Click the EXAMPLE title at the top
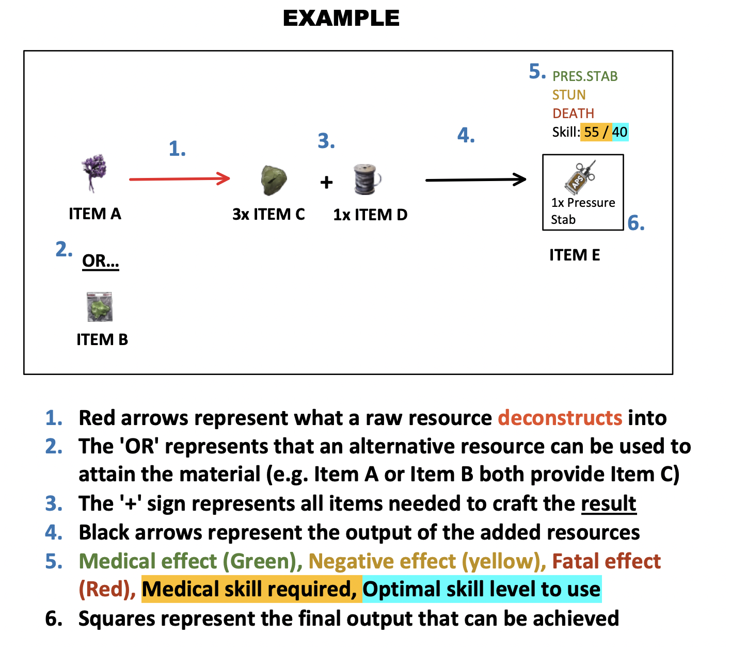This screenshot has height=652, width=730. pos(341,19)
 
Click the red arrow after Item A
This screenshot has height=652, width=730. pos(179,179)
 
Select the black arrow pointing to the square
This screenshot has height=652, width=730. pos(475,180)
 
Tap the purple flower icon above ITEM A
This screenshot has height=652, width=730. pos(94,172)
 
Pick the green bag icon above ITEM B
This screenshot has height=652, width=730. pos(100,306)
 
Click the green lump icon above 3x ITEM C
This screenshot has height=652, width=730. pos(274,181)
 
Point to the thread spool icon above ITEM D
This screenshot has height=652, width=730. pos(367,180)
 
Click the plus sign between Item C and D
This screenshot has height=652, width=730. pos(326,182)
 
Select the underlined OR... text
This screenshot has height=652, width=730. pos(101,261)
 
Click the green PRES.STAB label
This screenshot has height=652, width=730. pos(585,76)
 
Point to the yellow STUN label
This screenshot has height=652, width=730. pos(569,95)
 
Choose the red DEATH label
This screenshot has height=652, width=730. pos(573,113)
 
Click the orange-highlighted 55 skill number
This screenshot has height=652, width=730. pos(592,132)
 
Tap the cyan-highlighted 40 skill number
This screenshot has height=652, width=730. pos(620,132)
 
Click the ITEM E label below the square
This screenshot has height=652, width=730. pos(575,255)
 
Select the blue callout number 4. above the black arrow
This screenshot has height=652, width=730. pos(466,136)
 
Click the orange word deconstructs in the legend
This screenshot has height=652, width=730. pos(560,418)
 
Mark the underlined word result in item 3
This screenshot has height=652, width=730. pos(609,503)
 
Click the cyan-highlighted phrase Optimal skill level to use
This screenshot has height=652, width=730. pos(482,589)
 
